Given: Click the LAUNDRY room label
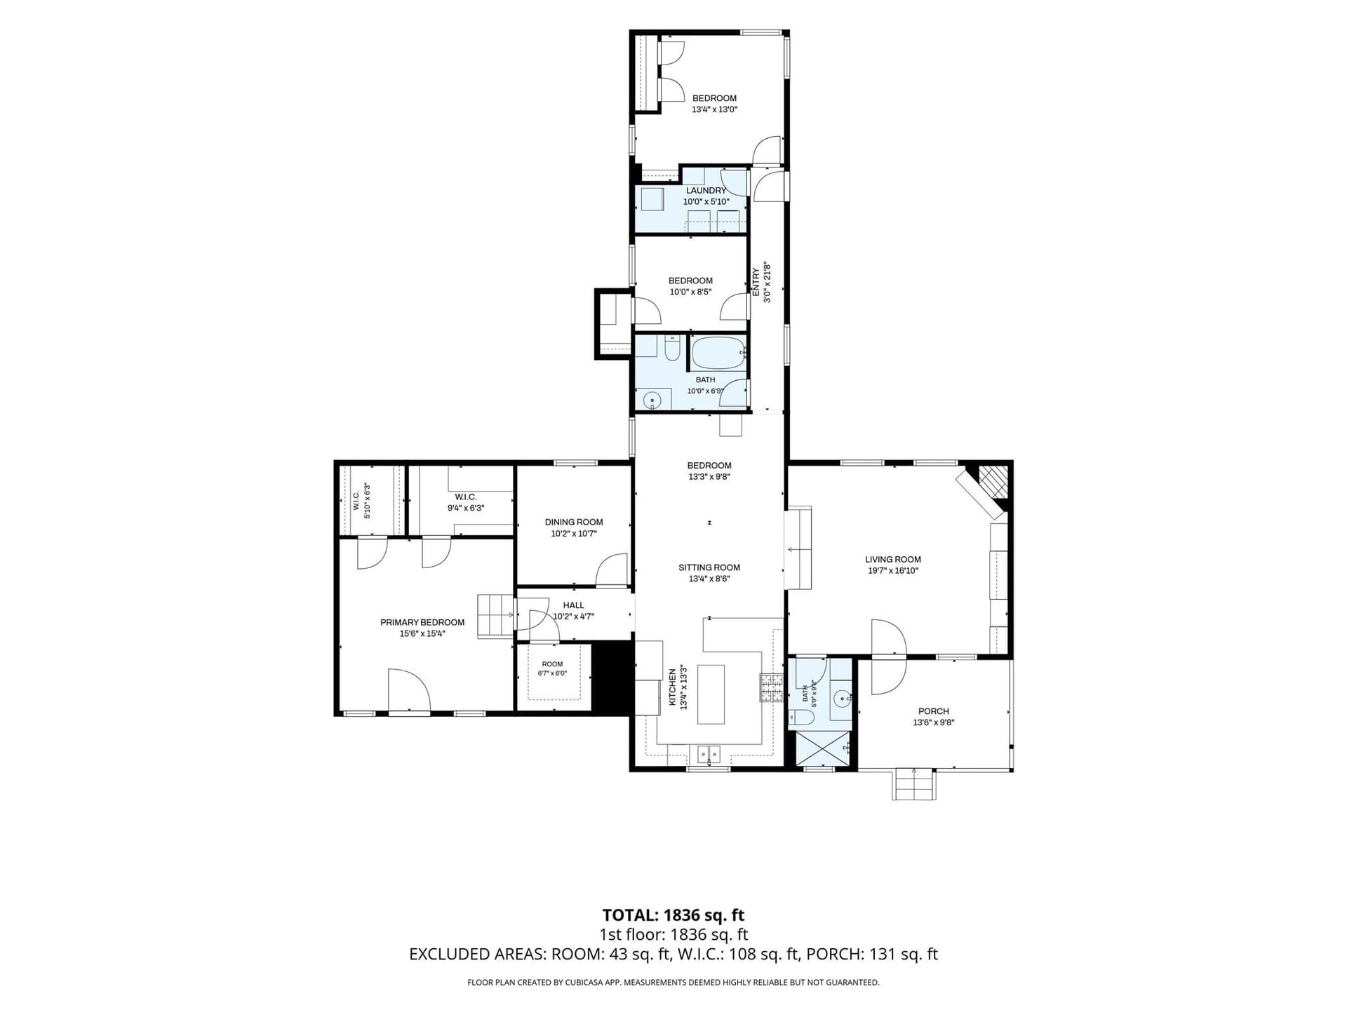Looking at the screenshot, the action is [x=706, y=191].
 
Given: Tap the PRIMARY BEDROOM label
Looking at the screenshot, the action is [x=422, y=622].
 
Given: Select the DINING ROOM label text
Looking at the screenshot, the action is [x=574, y=522].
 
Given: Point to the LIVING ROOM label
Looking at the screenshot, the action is [x=893, y=560].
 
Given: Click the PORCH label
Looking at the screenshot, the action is [x=933, y=711].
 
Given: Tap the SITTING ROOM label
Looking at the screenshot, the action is [x=709, y=567].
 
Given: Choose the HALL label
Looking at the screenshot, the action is [x=573, y=605].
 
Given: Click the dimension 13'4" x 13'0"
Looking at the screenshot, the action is [x=715, y=109].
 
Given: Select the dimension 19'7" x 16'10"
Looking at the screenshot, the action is [x=893, y=571].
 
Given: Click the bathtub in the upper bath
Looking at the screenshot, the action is [x=718, y=353].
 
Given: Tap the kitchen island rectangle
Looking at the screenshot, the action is [x=711, y=694].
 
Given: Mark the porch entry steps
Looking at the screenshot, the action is [x=914, y=784].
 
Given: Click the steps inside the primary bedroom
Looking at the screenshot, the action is [x=496, y=616].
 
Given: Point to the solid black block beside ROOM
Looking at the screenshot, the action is [x=612, y=678].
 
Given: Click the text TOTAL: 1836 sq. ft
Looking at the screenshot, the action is [x=673, y=915].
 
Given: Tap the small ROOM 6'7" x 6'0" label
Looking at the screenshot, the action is [x=552, y=668].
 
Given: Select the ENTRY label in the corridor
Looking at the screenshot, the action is [x=756, y=282].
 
